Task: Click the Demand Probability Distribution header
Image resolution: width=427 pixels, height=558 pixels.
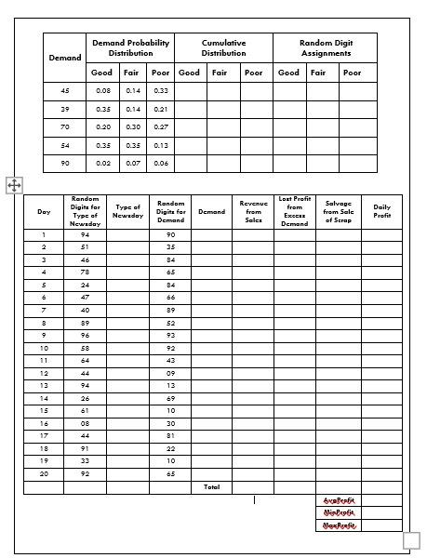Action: pos(129,48)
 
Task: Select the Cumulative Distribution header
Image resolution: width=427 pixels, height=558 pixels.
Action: pos(223,48)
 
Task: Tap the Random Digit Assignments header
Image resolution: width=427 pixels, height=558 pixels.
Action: pos(325,48)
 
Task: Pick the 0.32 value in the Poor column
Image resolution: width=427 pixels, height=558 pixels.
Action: pos(160,90)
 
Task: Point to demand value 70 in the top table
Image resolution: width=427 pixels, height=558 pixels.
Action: pos(65,126)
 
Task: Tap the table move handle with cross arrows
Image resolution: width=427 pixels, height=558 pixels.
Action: pos(14,185)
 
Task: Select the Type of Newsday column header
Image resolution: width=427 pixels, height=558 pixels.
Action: pos(127,211)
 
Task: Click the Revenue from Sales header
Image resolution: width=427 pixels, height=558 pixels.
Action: pos(253,211)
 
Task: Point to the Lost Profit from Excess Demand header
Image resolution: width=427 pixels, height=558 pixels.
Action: pos(294,211)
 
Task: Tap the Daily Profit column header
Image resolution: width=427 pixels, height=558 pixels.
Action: pos(381,211)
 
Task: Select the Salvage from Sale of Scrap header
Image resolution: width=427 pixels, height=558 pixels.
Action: pos(338,211)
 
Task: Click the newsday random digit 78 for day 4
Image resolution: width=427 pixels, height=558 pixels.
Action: pos(85,272)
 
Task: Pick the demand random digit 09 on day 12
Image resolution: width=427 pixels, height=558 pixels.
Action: pos(170,373)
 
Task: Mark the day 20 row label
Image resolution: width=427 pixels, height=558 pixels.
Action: pos(44,473)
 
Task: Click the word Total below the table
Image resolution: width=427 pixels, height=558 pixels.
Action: pos(210,486)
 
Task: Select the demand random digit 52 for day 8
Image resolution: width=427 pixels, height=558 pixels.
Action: pos(170,323)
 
